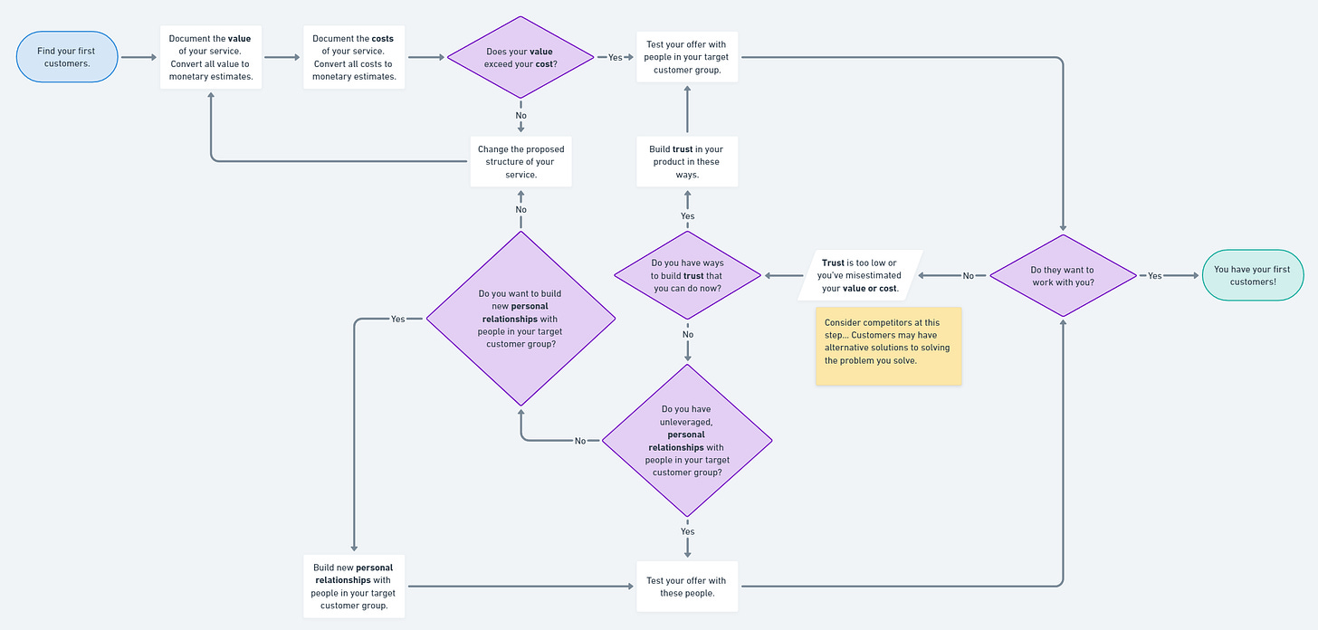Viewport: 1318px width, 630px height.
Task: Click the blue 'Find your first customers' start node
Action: (66, 57)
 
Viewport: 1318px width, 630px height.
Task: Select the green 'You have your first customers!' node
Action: (1252, 275)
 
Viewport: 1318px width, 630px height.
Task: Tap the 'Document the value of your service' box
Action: (211, 58)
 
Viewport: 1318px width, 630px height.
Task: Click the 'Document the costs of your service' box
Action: (354, 58)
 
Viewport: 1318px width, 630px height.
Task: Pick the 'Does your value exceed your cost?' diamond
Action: (521, 57)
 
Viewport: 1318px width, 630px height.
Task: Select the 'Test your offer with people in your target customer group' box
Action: (687, 57)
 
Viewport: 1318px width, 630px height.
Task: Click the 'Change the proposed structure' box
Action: (521, 161)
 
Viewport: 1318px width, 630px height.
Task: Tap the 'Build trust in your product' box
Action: (687, 161)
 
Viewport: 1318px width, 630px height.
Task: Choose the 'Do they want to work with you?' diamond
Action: (1063, 275)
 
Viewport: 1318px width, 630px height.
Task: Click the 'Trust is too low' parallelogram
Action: (860, 275)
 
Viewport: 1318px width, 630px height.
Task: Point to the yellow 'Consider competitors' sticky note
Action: (888, 346)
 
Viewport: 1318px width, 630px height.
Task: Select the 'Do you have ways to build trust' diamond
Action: (688, 275)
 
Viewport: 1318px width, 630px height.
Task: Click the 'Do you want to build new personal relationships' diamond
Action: (521, 319)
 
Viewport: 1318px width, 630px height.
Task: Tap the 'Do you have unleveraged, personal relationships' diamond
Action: (687, 441)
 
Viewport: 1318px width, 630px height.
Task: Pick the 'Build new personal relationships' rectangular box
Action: (354, 586)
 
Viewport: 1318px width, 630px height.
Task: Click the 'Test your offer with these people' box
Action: (687, 586)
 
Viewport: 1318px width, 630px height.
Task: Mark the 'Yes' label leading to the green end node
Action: (1155, 276)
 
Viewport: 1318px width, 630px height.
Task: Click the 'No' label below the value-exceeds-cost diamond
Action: (521, 115)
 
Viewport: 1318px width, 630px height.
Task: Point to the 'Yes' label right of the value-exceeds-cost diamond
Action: (616, 57)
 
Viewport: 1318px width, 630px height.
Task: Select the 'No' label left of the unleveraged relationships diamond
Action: (580, 441)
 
